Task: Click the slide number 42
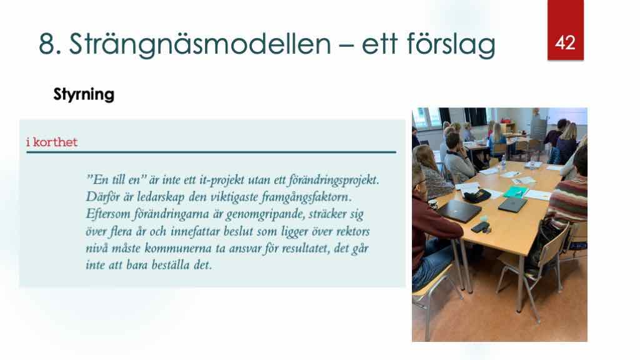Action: point(565,42)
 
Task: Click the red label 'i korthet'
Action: point(52,142)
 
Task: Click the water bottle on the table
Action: point(503,163)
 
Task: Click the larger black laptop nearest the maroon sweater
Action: point(459,210)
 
